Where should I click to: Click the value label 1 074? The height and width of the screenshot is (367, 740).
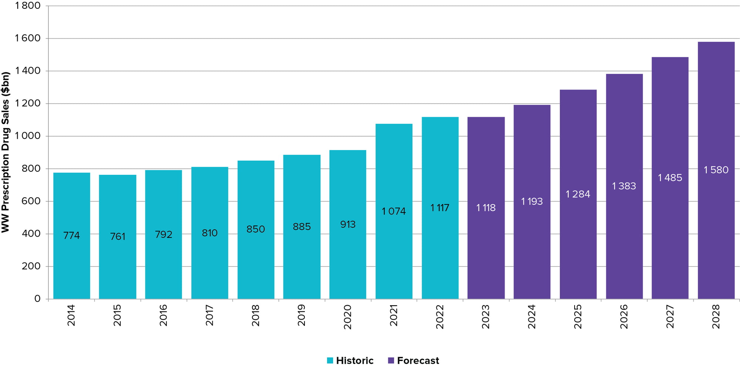click(394, 211)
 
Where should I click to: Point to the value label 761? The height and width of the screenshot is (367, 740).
click(118, 236)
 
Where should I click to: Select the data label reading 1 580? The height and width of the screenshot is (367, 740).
click(716, 170)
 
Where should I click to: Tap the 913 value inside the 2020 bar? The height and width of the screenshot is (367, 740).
click(348, 224)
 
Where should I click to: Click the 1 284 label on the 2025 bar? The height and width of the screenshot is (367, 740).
click(578, 194)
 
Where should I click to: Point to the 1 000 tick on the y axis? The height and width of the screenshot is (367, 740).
click(28, 136)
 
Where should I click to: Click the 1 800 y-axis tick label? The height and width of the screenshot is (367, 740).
click(28, 6)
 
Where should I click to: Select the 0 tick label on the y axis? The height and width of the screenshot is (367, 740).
click(37, 298)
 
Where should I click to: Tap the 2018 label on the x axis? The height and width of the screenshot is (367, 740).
click(256, 316)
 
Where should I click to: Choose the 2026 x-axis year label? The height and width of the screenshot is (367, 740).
click(624, 317)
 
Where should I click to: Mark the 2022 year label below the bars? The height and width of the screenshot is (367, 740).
click(440, 317)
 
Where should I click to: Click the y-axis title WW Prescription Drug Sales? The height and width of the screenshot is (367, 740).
click(5, 152)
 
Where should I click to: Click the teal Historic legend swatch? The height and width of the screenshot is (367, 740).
click(330, 360)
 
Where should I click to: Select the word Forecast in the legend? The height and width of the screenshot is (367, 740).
click(418, 360)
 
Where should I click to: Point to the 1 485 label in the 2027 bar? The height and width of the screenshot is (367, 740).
click(670, 178)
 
